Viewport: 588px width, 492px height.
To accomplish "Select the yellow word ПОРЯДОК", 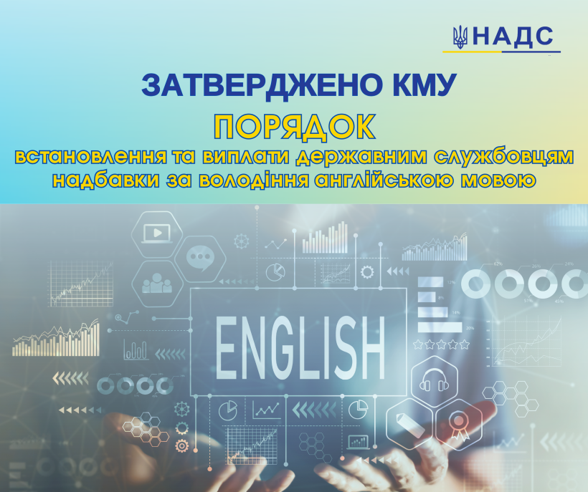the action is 295,127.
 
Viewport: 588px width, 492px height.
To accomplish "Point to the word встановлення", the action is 91,158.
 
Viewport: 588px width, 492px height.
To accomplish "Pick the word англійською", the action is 382,180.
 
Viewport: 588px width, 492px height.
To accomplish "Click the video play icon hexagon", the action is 157,234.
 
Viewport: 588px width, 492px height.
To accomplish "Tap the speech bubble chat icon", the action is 200,259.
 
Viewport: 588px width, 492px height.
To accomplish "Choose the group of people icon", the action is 157,284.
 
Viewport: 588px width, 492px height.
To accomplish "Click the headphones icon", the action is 435,380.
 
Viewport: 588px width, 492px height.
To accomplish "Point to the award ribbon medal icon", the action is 458,425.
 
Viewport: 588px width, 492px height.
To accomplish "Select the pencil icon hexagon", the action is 409,424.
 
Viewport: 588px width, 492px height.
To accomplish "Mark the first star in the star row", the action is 418,344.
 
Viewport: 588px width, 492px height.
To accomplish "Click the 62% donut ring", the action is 475,283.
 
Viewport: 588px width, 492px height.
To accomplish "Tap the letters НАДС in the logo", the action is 513,37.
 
